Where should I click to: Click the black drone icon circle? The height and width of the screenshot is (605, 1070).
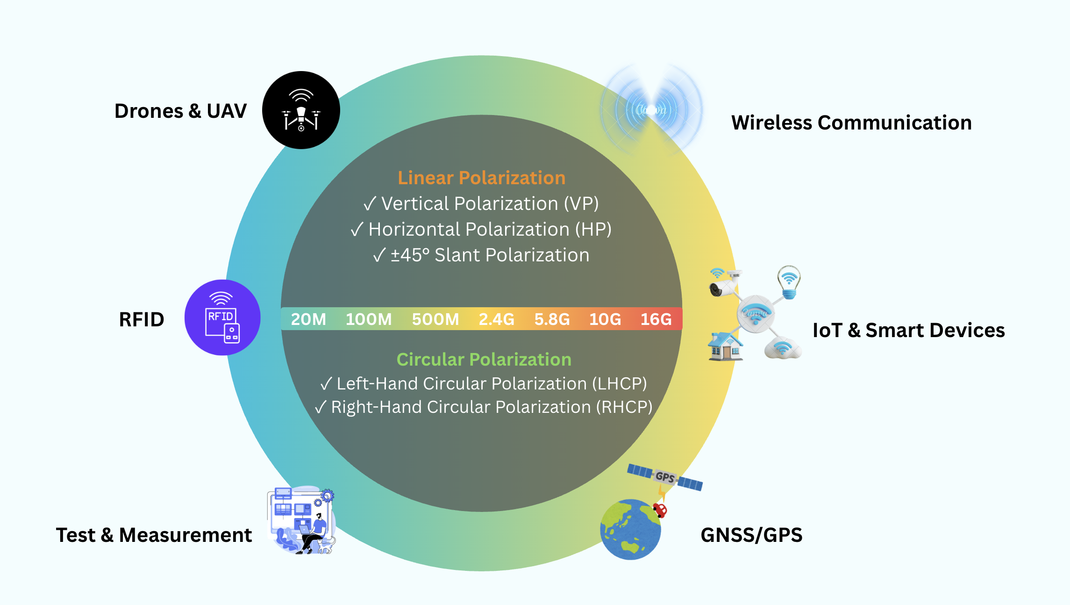(x=301, y=110)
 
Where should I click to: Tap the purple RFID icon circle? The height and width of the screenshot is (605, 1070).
(x=222, y=317)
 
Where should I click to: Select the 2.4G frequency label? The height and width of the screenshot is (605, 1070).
(x=496, y=319)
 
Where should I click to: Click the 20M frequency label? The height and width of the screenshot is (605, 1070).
(x=308, y=319)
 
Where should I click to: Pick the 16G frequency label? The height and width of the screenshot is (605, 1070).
(x=656, y=319)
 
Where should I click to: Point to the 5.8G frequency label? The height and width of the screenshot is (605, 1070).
(x=552, y=319)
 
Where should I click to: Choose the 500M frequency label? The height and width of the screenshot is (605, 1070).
(x=435, y=319)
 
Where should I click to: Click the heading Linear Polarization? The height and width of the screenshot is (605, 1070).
(x=481, y=178)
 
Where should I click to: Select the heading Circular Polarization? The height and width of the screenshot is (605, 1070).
(x=484, y=360)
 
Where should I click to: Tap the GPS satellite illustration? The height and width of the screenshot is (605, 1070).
(x=664, y=477)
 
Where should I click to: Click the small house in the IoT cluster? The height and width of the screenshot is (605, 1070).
(x=725, y=346)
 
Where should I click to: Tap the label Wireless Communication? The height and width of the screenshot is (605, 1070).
(x=851, y=123)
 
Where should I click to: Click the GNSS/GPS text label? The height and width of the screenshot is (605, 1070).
(x=751, y=535)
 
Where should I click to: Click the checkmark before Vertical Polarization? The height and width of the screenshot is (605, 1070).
(x=370, y=204)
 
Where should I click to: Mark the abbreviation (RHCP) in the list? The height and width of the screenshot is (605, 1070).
(x=624, y=407)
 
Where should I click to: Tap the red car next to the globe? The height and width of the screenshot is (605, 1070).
(x=660, y=510)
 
